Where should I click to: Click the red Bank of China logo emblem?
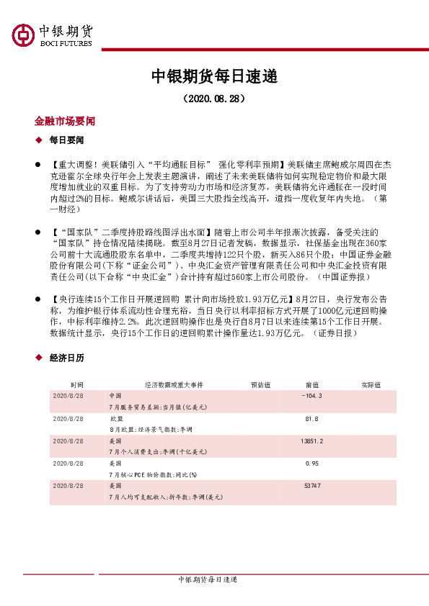[x=22, y=35]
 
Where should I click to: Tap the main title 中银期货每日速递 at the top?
[x=214, y=76]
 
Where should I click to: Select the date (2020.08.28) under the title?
[x=214, y=97]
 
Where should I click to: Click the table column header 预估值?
[x=260, y=385]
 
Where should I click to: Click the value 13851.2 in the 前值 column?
[x=312, y=440]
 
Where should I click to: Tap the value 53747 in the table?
[x=312, y=486]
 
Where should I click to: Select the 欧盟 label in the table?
[x=115, y=418]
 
